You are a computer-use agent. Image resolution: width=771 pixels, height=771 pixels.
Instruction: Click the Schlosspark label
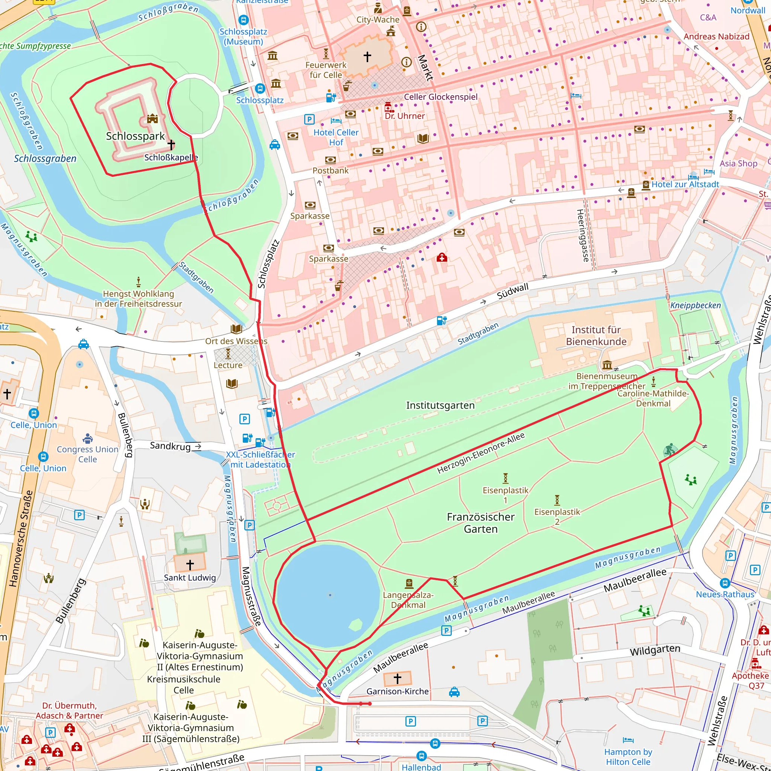pyautogui.click(x=135, y=136)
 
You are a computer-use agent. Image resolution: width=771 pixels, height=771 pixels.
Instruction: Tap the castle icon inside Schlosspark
pyautogui.click(x=152, y=118)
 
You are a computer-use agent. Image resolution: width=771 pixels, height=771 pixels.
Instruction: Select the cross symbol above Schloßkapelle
pyautogui.click(x=171, y=144)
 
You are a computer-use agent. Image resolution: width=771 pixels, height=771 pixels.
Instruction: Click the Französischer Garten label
pyautogui.click(x=480, y=523)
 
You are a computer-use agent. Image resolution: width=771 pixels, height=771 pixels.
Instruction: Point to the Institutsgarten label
pyautogui.click(x=440, y=405)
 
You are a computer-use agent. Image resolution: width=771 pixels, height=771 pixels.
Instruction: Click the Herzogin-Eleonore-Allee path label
pyautogui.click(x=480, y=453)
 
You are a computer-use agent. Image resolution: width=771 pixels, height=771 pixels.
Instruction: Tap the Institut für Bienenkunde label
pyautogui.click(x=596, y=335)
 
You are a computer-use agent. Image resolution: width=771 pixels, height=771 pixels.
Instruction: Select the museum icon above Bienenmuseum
pyautogui.click(x=607, y=365)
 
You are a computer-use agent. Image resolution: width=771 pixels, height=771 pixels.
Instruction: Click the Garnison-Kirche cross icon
pyautogui.click(x=397, y=678)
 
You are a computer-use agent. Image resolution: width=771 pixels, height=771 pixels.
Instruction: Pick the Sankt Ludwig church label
pyautogui.click(x=190, y=577)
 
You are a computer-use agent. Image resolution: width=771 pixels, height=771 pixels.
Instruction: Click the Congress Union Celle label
pyautogui.click(x=87, y=454)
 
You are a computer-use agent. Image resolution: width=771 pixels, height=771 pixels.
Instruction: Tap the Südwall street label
pyautogui.click(x=512, y=291)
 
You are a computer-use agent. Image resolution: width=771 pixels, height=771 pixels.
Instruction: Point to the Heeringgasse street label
pyautogui.click(x=582, y=235)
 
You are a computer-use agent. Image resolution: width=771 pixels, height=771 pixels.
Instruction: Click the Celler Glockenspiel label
pyautogui.click(x=440, y=97)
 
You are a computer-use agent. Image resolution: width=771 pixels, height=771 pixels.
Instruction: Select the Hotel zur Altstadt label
pyautogui.click(x=685, y=184)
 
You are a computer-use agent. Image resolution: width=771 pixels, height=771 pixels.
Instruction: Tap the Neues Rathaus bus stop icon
pyautogui.click(x=725, y=583)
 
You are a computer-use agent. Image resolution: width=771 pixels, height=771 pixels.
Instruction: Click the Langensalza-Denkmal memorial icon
pyautogui.click(x=408, y=584)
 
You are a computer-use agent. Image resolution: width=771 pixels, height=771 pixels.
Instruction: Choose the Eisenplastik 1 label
pyautogui.click(x=505, y=495)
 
